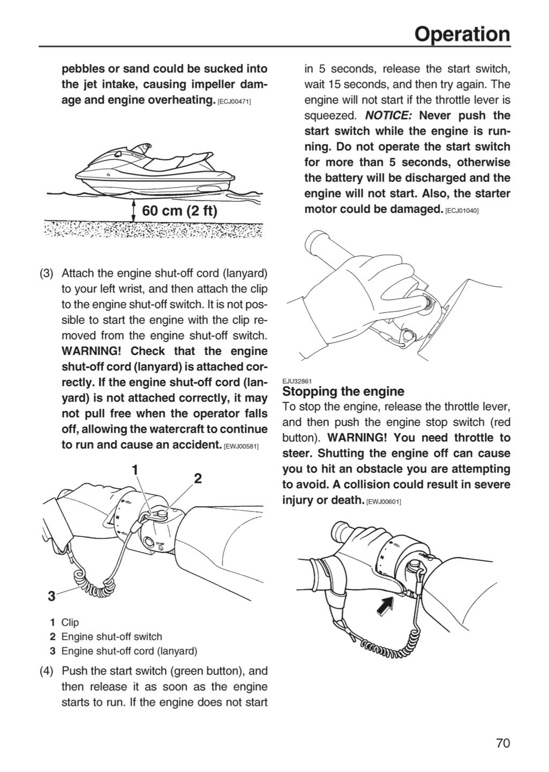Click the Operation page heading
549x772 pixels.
[x=462, y=34]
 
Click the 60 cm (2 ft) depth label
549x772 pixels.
[x=179, y=210]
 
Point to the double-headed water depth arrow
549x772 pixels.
[x=133, y=211]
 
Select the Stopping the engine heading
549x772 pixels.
[x=343, y=391]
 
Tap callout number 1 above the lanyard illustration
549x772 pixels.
[x=136, y=470]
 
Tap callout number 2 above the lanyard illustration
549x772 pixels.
[x=198, y=478]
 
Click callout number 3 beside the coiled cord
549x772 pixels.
[x=51, y=596]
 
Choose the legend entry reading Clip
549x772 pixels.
[x=70, y=622]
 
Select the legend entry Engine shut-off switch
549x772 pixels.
[x=111, y=636]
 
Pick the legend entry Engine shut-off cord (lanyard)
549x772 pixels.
[x=129, y=651]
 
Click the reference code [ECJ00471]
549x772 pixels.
[x=235, y=102]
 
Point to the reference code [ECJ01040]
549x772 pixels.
[x=462, y=211]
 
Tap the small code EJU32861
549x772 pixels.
[x=297, y=381]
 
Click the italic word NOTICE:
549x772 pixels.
[x=388, y=115]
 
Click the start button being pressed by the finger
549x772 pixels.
[x=428, y=302]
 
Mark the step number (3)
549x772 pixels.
[x=47, y=273]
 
